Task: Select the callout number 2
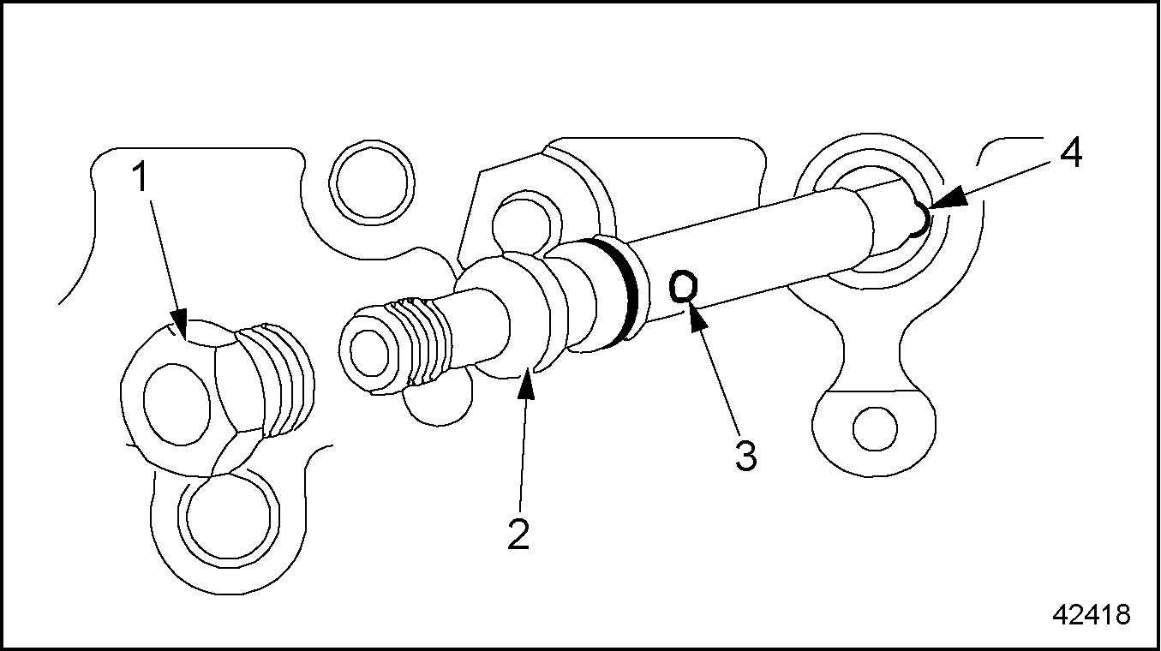tap(518, 534)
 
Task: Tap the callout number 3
tap(745, 455)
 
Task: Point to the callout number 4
tap(1070, 155)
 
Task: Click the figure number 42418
tap(1091, 615)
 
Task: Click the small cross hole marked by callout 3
tap(682, 287)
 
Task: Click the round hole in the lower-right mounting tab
tap(875, 427)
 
